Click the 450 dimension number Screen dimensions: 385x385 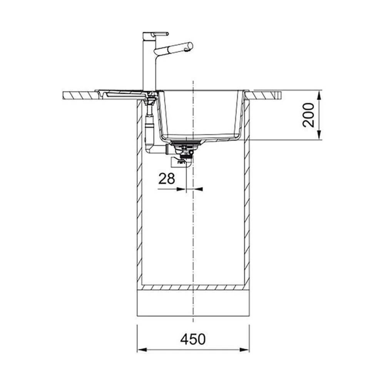[193, 339]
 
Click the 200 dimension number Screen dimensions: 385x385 [308, 115]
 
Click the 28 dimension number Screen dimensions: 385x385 [167, 179]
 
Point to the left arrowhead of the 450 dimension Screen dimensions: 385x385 [142, 350]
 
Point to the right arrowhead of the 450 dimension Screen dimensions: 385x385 [244, 350]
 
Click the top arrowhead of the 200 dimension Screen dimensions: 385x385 [319, 95]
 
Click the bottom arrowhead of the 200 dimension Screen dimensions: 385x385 [319, 135]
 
